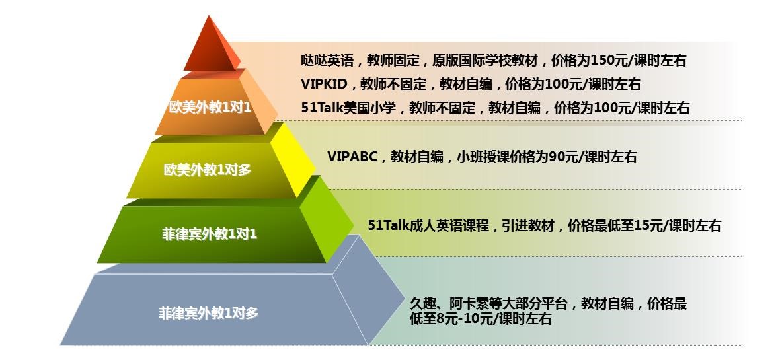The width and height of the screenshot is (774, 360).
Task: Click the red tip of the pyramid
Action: coord(210,47)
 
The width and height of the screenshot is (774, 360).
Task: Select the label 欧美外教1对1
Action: coord(210,108)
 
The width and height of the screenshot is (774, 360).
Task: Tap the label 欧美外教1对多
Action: coord(208,170)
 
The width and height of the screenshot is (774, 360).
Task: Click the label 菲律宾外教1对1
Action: coord(210,234)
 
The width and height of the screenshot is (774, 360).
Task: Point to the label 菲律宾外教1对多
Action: coord(208,313)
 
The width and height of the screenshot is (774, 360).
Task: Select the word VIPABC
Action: coord(352,157)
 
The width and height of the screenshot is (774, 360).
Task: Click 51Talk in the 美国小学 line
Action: coord(319,108)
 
